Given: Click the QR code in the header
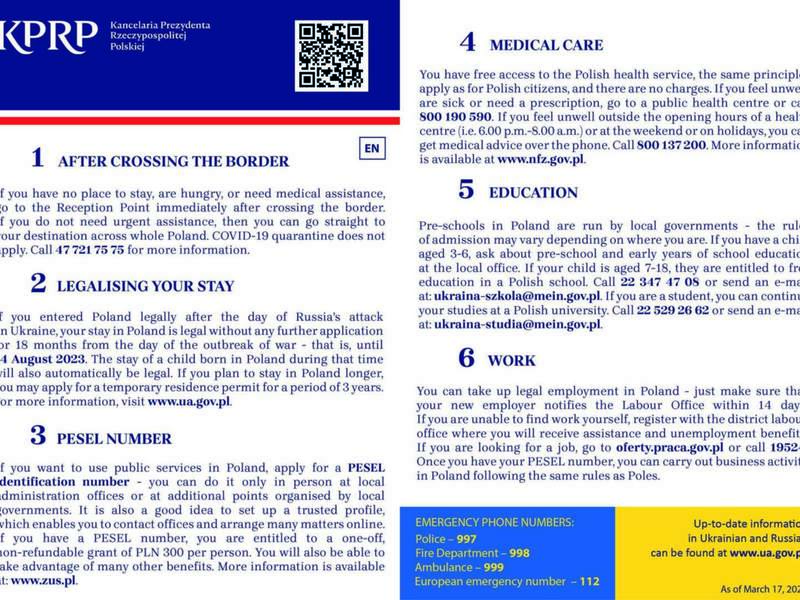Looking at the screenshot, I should [x=331, y=54].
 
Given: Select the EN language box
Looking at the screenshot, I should [x=372, y=149].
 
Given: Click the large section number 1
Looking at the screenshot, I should [x=37, y=158].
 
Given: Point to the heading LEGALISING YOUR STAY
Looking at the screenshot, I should [x=145, y=286].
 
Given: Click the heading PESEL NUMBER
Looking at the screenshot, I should [x=113, y=438].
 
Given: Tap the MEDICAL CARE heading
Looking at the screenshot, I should [x=545, y=45].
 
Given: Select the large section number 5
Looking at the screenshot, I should [x=466, y=189].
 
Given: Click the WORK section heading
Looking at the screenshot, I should [x=512, y=360].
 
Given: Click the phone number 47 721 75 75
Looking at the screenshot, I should [x=89, y=249].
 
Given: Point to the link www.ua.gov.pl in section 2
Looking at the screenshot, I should [x=189, y=401].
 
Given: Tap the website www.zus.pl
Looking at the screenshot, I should [x=41, y=579].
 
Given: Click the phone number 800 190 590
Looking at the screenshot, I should [x=456, y=116].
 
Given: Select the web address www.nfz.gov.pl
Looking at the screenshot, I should [x=540, y=158].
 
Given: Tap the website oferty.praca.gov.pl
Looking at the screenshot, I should [x=672, y=447].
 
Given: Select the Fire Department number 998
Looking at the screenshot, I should [x=519, y=552].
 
